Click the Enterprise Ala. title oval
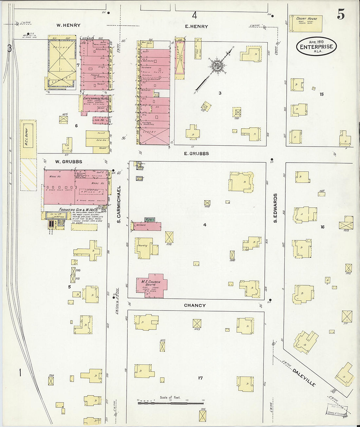316,46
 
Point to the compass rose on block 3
217,66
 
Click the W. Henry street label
68,25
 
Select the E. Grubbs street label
196,153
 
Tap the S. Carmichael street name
119,205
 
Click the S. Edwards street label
275,208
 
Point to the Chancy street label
195,305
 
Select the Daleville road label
304,377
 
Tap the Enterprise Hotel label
96,98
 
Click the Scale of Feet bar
170,402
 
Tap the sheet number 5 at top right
341,15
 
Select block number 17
200,378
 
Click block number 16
322,227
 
